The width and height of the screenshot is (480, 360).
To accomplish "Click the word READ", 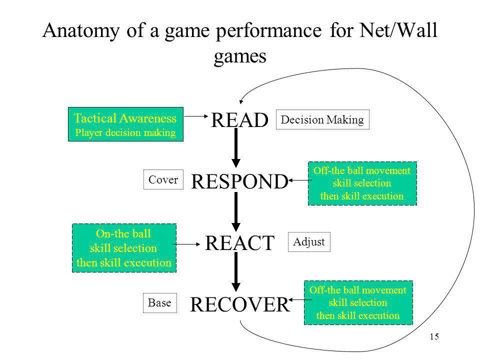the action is click(239, 120).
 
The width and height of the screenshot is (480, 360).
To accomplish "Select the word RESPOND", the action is click(239, 181).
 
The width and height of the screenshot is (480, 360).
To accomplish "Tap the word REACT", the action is click(239, 243).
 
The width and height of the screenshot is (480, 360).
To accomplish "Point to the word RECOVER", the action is click(239, 304).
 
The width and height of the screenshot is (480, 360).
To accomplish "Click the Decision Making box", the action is click(322, 119).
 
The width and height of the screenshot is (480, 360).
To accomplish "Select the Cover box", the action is click(163, 179).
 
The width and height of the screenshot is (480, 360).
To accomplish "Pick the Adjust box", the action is click(309, 242).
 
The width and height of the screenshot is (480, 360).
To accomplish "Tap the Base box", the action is click(160, 303).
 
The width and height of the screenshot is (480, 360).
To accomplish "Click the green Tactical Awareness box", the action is click(125, 124).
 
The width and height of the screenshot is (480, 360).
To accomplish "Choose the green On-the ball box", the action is click(124, 248).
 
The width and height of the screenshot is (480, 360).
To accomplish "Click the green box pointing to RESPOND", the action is click(362, 183).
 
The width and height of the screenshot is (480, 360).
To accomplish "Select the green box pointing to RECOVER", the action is click(358, 303).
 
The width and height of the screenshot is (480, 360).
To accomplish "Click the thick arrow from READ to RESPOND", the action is click(235, 148).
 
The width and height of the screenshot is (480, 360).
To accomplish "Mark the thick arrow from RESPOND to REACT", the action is click(235, 211).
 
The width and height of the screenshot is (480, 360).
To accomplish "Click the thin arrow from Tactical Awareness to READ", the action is click(196, 116).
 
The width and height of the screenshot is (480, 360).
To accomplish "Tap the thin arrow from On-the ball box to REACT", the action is click(186, 244).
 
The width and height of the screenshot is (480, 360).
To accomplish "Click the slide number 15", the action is click(434, 336).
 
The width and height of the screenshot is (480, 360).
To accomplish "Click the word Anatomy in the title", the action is click(81, 30).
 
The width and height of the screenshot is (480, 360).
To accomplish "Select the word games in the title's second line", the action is click(240, 56).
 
